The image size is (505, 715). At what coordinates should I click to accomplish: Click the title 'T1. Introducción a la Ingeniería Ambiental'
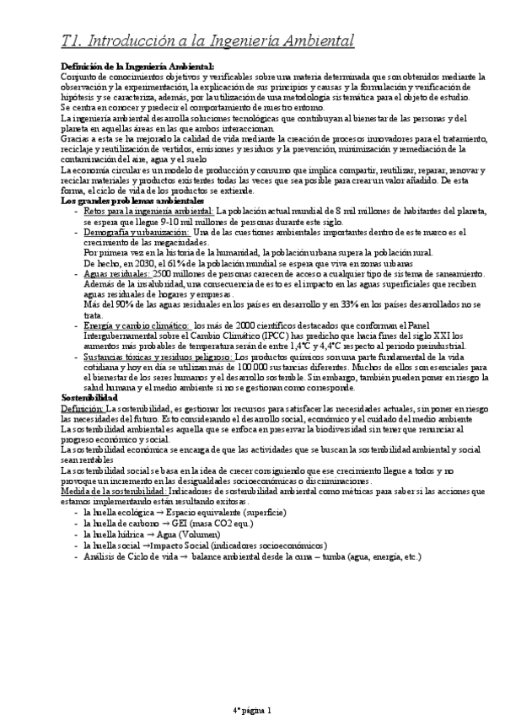point(207,40)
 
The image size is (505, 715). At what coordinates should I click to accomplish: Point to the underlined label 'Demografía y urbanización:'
point(137,231)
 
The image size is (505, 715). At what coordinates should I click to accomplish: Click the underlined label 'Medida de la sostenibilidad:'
point(113,490)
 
